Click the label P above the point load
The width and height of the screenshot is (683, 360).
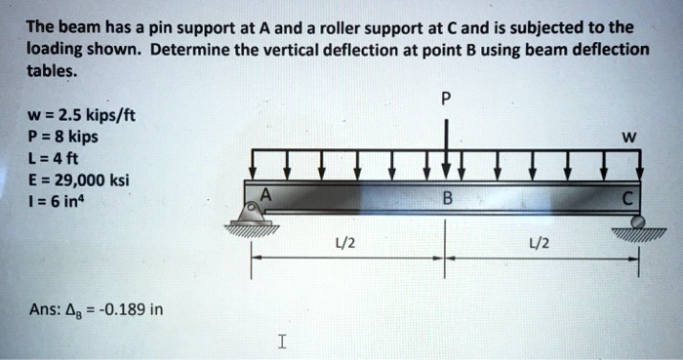click(447, 98)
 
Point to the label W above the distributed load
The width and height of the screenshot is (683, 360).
click(629, 137)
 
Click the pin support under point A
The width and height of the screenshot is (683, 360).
click(253, 212)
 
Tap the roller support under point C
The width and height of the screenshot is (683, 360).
click(637, 224)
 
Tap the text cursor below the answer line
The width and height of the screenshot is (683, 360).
click(281, 341)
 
